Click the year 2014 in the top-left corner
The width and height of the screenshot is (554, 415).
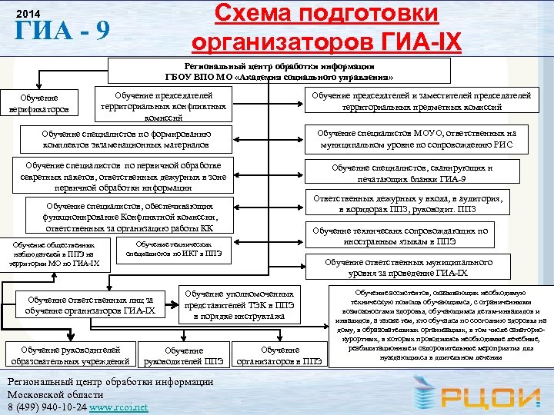pos(27,15)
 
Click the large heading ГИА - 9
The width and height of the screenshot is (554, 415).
pos(62,33)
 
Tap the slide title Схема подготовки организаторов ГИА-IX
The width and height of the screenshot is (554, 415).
pos(326,27)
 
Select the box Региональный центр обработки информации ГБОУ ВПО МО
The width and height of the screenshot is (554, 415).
pos(279,72)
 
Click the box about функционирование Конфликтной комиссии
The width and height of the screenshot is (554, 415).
pos(128,217)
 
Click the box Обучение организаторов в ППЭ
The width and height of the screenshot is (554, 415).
pos(281,356)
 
